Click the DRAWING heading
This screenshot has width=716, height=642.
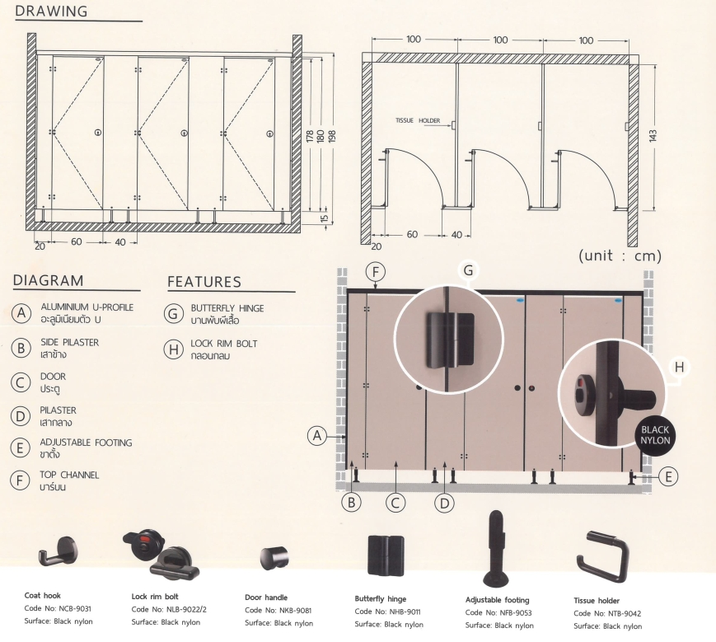tap(51, 12)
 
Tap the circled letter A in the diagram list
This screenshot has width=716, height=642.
tap(22, 313)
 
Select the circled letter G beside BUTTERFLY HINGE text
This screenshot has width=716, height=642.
tap(173, 313)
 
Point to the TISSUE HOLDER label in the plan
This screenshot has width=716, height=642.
tap(418, 120)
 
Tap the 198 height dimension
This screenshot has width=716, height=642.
tap(332, 137)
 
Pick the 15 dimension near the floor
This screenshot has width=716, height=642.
tap(323, 218)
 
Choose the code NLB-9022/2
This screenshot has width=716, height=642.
tap(177, 610)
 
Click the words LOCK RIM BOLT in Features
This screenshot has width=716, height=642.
tap(223, 343)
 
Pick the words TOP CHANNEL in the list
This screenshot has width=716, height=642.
tap(69, 476)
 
